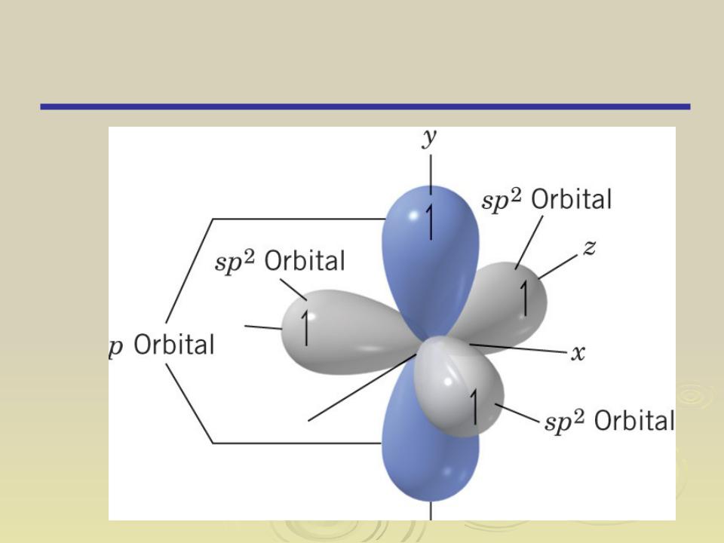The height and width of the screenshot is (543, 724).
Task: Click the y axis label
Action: [429, 138]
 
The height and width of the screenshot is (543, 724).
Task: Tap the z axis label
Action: [589, 248]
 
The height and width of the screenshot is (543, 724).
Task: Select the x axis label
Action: [578, 353]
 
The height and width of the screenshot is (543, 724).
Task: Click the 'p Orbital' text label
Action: [161, 345]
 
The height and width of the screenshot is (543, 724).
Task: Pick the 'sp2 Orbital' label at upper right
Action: [546, 199]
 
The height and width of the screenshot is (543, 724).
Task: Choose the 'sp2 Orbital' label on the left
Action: [280, 261]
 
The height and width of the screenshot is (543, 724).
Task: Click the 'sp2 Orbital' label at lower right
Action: [609, 421]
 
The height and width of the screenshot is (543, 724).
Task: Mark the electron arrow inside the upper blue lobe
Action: [430, 222]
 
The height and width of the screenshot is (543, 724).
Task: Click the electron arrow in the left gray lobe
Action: [305, 327]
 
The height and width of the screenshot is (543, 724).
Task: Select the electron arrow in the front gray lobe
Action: [474, 406]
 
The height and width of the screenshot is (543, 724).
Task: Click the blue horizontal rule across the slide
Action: [365, 106]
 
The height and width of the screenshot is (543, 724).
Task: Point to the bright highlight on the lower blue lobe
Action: [447, 472]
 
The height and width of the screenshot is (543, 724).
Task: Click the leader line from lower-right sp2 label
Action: [517, 413]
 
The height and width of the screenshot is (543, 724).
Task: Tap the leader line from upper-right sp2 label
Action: [529, 242]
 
